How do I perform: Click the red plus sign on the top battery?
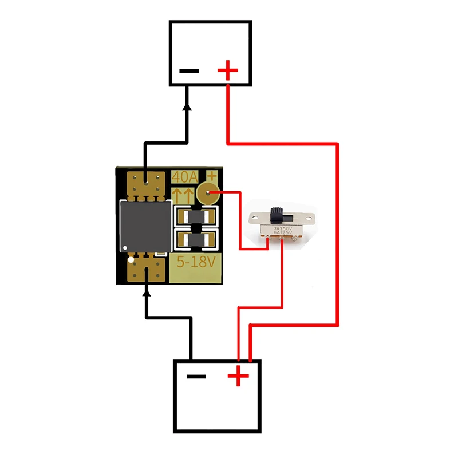coord(227,72)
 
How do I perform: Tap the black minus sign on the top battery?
coord(189,72)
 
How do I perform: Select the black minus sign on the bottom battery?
coord(196,377)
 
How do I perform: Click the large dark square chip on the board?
coord(145,227)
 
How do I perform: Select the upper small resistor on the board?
coord(196,218)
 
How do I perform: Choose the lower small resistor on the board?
coord(196,240)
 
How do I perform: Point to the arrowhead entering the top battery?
coord(187,107)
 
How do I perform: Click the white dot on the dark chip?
coord(123,247)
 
